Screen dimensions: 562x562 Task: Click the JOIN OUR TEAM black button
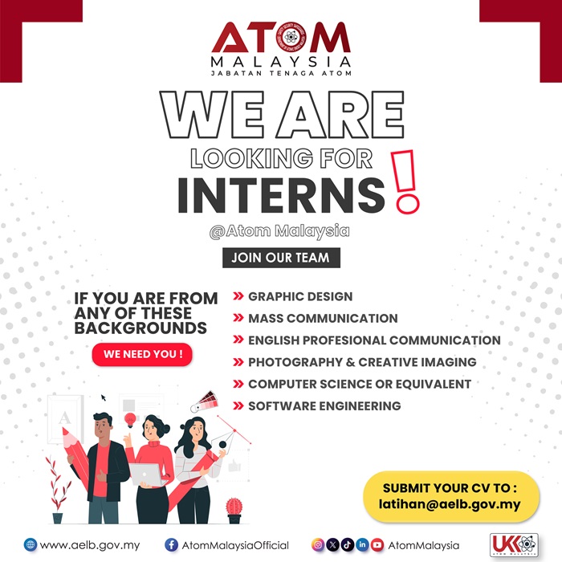(281, 258)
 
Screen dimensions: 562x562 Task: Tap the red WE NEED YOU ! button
(142, 354)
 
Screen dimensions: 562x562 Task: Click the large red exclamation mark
(406, 185)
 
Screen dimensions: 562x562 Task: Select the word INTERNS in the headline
(281, 196)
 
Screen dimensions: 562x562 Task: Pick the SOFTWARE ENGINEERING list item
(324, 405)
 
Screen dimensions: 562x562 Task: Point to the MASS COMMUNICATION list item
(323, 318)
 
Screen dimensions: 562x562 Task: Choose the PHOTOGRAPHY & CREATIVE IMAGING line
(362, 362)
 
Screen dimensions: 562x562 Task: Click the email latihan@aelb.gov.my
(450, 505)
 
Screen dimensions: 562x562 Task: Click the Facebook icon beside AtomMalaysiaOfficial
(171, 545)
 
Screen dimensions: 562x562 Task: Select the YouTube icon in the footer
(377, 545)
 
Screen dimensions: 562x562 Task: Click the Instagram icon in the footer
(318, 545)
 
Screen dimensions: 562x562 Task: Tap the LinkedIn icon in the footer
(363, 545)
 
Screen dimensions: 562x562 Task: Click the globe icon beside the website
(31, 545)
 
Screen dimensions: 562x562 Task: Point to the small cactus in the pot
(234, 507)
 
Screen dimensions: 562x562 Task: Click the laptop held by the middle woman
(145, 474)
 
